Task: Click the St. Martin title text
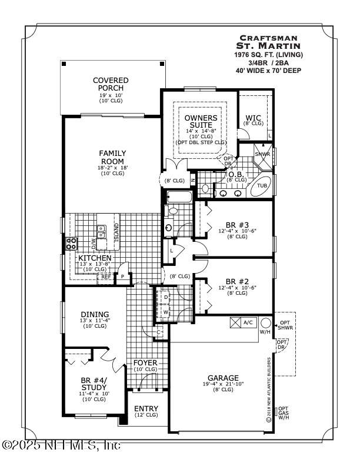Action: tap(268, 45)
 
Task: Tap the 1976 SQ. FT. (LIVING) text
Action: tap(268, 54)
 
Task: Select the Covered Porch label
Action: tap(111, 84)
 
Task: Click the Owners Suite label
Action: tap(201, 121)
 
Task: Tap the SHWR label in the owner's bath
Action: tap(262, 154)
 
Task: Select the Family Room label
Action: tap(112, 157)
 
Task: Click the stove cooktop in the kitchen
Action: tap(72, 242)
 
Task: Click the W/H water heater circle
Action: tap(265, 323)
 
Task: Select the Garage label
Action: tap(222, 378)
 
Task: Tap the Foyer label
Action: tap(145, 363)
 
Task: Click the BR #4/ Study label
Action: tap(94, 384)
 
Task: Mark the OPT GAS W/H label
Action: tap(284, 413)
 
